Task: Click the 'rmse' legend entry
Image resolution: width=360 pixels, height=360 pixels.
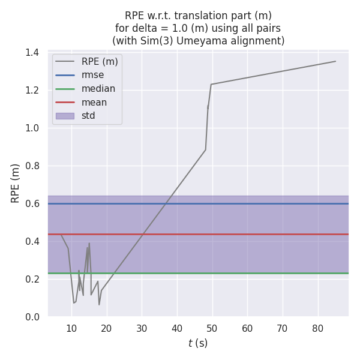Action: point(92,75)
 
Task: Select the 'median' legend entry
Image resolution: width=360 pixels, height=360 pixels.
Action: point(98,89)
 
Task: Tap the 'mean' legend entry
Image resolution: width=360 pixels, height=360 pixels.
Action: point(94,103)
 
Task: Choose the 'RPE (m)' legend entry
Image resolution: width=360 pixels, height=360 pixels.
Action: point(100,61)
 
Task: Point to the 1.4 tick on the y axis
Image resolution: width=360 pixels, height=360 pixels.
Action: point(31,53)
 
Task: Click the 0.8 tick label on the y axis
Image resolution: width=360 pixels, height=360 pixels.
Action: point(31,166)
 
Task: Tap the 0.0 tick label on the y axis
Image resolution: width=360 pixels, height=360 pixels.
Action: point(31,317)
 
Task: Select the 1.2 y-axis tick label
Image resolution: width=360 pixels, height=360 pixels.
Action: point(31,91)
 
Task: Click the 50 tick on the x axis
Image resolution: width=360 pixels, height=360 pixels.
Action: point(212,328)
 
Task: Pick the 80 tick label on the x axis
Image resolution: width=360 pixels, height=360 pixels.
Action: point(318,328)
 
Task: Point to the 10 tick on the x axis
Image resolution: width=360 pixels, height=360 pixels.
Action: point(71,328)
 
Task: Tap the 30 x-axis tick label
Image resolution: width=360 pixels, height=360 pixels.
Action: point(142,328)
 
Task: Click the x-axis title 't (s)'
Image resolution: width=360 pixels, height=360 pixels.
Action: point(198,343)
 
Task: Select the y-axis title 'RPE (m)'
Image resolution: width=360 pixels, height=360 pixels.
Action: point(16,183)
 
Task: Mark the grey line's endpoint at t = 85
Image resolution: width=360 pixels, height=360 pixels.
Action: point(335,61)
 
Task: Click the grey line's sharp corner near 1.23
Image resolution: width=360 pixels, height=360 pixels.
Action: point(211,84)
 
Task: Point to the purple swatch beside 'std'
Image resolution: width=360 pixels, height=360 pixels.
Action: point(65,116)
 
